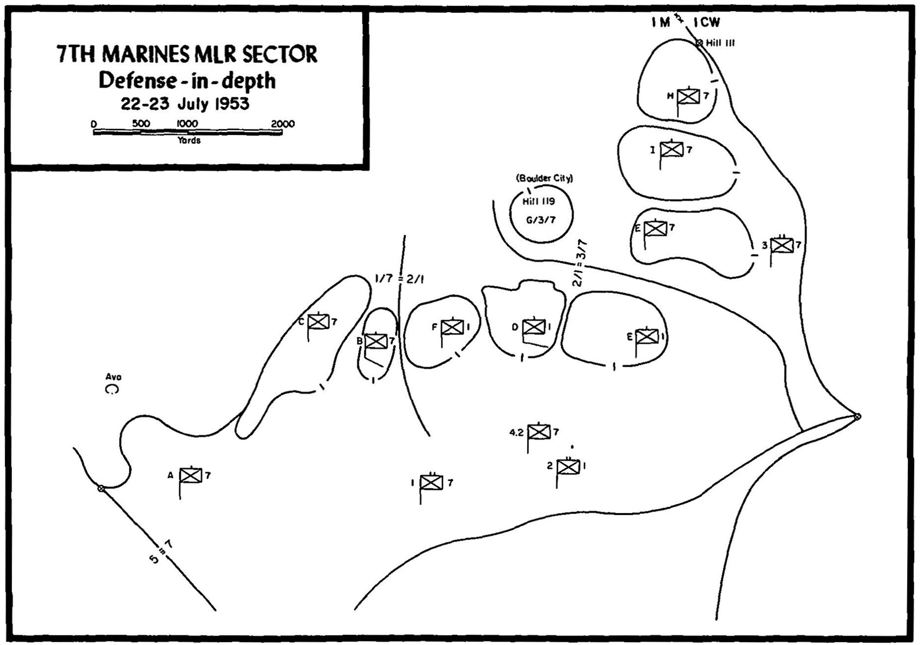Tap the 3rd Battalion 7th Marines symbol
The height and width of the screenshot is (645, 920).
pyautogui.click(x=782, y=245)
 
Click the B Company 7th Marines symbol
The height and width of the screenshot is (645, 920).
pyautogui.click(x=376, y=341)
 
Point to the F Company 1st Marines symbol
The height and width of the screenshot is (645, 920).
pyautogui.click(x=452, y=327)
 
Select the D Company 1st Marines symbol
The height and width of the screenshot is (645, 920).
pyautogui.click(x=534, y=327)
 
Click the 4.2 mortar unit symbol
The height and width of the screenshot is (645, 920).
pyautogui.click(x=539, y=432)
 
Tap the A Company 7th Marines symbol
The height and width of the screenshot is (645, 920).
pyautogui.click(x=191, y=476)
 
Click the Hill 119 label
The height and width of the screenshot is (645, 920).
pyautogui.click(x=539, y=201)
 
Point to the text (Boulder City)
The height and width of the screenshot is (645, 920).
pyautogui.click(x=544, y=178)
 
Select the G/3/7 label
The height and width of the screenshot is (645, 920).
pyautogui.click(x=540, y=220)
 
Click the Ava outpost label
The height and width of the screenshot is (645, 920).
pyautogui.click(x=113, y=377)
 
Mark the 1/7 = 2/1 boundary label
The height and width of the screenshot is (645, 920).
pyautogui.click(x=399, y=279)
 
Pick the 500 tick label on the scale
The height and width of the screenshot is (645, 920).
pyautogui.click(x=141, y=123)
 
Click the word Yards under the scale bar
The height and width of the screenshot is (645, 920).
pyautogui.click(x=189, y=140)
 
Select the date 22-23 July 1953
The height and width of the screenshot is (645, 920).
pyautogui.click(x=186, y=104)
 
